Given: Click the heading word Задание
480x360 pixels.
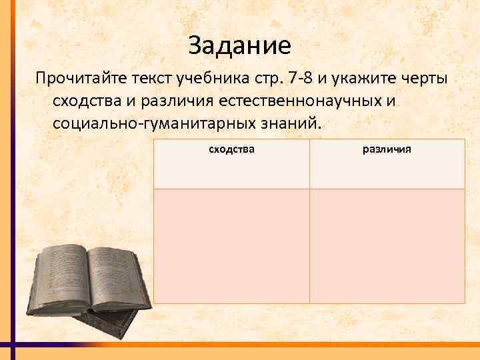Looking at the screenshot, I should coord(239,46).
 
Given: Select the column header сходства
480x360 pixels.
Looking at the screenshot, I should coord(231,149).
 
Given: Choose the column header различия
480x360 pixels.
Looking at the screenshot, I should coord(387,149).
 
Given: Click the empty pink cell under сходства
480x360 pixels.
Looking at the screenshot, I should coord(231,245).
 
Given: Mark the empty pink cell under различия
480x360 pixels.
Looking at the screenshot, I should coord(387,245).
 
